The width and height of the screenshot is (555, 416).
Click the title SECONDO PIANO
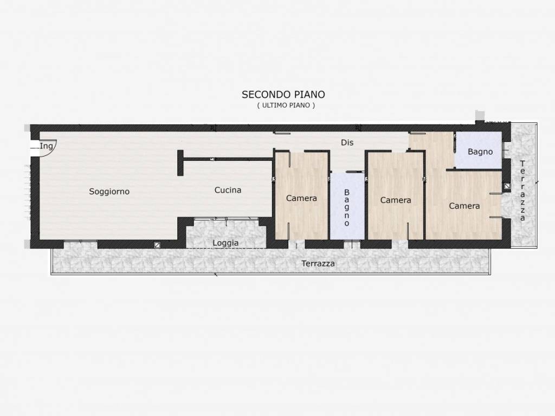point(283,94)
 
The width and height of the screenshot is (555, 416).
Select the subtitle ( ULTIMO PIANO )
point(286,105)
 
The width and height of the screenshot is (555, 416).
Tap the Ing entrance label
point(47,146)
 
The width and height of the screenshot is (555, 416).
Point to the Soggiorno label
point(109,191)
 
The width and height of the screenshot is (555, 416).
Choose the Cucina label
point(228,190)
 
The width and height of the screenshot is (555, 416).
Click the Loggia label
point(225,243)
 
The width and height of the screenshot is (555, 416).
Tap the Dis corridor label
point(347,142)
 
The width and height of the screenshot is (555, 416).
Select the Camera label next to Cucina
point(301,198)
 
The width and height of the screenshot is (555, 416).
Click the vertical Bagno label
point(346,207)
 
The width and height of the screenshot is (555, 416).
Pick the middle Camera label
point(395,200)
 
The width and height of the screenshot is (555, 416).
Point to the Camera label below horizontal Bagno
point(464,206)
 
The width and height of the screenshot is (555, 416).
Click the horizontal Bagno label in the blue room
point(480,152)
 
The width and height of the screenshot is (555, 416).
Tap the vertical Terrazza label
point(522,191)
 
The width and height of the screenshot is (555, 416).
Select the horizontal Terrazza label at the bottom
point(318,264)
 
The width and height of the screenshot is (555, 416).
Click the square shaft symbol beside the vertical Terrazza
point(507,186)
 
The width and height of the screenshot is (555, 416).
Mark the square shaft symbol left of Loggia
point(157,245)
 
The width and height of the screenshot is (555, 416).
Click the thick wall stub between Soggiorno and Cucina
point(180,162)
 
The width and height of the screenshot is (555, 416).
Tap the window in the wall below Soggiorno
point(80,241)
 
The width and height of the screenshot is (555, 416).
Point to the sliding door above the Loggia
point(226,219)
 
